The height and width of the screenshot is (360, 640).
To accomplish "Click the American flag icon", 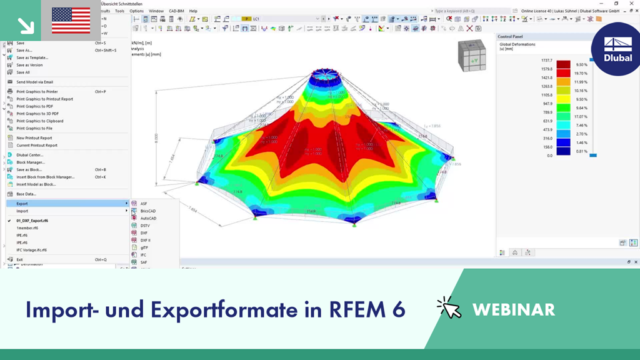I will point(71,20).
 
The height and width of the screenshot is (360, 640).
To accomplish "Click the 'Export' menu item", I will point(22,203).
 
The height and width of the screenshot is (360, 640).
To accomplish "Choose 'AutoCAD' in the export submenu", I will point(148,218).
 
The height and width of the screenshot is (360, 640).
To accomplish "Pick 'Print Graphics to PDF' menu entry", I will point(34,106).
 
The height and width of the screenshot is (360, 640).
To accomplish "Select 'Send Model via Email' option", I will point(34,82).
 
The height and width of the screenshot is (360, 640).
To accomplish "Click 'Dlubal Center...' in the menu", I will point(30,155).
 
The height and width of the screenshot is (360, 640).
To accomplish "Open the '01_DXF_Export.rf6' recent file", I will point(32,221).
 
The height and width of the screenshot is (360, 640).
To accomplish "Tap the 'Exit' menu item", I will point(19,259).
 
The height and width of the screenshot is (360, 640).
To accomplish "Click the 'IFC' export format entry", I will point(143,255).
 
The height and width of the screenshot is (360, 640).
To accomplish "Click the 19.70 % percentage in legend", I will point(582,72).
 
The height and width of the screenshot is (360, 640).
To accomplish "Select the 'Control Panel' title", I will point(514,37).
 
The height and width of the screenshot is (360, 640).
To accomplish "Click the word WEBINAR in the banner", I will point(514,309).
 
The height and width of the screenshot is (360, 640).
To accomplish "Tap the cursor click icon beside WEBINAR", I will point(449,308).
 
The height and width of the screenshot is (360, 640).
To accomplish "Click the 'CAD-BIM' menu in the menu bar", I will point(177,11).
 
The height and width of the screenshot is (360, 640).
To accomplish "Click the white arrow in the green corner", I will point(26,25).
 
